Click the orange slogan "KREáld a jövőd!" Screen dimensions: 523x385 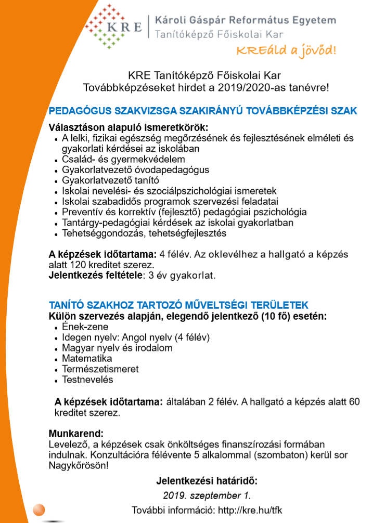(286, 50)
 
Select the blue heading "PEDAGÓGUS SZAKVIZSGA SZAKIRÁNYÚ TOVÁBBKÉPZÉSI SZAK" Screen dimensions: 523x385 (203, 111)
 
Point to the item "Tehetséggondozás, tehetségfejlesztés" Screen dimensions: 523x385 (137, 233)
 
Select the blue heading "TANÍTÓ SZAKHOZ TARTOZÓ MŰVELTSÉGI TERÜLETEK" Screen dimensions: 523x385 (178, 305)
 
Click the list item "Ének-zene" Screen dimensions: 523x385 (85, 327)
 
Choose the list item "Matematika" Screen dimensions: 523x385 (87, 359)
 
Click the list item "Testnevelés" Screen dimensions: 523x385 (87, 380)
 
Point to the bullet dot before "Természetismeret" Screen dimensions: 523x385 (56, 370)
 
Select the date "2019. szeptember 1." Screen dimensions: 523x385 (207, 495)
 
